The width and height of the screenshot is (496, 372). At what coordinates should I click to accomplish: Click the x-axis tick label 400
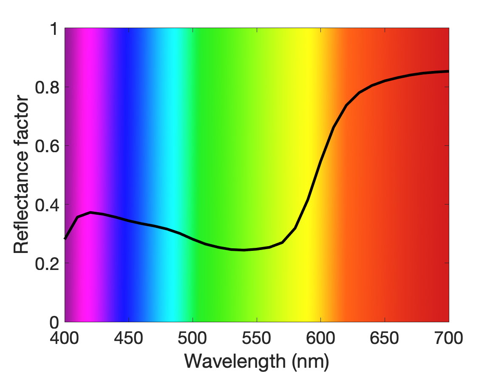point(65,338)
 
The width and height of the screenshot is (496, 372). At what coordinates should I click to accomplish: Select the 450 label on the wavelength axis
point(128,338)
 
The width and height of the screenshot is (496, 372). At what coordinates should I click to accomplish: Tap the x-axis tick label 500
point(193,338)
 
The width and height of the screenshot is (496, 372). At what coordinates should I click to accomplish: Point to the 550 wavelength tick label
point(257,338)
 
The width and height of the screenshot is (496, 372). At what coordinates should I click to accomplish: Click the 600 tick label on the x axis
point(320,338)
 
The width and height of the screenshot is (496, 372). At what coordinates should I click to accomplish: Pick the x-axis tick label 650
point(384,338)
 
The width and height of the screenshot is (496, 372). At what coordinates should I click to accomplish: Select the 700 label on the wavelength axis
point(448,338)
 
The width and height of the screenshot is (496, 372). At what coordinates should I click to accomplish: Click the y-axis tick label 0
point(54,322)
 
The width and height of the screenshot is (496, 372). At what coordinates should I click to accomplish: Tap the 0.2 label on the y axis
point(47,263)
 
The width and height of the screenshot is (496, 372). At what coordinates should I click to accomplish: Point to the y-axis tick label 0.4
point(47,204)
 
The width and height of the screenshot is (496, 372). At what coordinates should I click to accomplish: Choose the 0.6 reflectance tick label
point(47,146)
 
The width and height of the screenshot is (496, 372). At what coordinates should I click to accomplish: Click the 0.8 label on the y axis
point(47,87)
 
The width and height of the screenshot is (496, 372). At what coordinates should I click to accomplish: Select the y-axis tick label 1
point(55,28)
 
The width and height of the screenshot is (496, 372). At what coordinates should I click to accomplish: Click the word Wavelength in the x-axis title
point(235,361)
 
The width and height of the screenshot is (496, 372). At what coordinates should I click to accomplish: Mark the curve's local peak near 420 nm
point(91,212)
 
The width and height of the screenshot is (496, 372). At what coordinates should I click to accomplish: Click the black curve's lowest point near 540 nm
point(244,250)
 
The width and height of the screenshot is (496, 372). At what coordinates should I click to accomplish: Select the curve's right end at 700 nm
point(448,71)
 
